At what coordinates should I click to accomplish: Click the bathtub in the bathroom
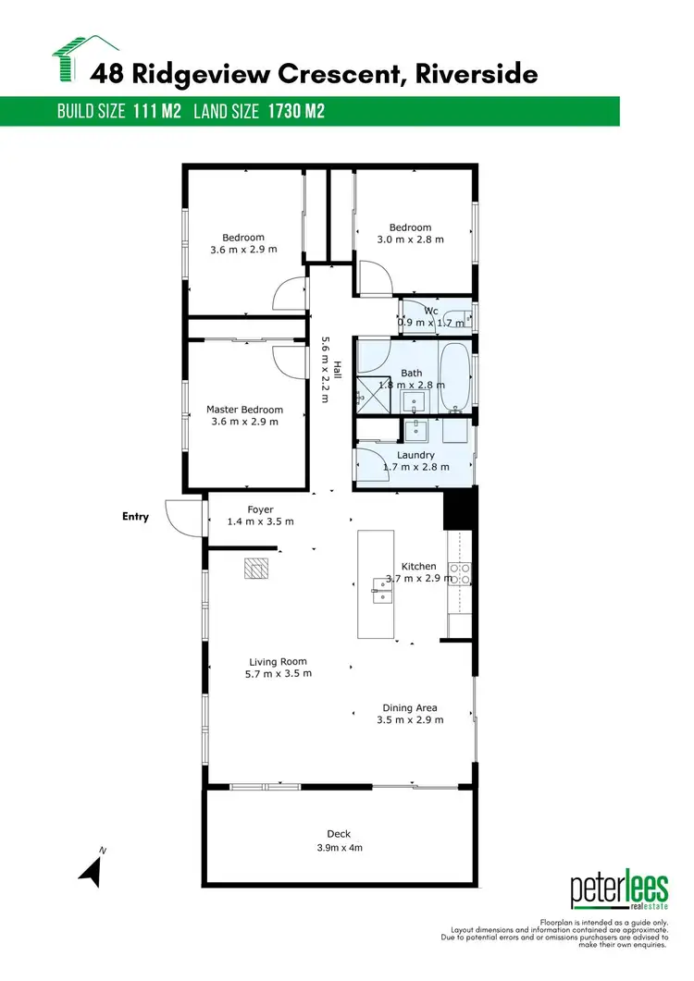tap(453, 377)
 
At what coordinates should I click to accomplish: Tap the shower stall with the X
tap(370, 392)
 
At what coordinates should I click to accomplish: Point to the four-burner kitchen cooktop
tap(460, 573)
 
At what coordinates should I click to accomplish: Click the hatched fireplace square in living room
tap(254, 568)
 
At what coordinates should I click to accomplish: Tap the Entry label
tap(135, 517)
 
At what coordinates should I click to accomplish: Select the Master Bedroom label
tap(244, 410)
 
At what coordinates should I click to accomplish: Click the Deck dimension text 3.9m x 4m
tap(338, 848)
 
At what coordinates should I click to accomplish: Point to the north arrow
tap(90, 869)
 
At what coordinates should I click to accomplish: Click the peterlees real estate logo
tap(619, 892)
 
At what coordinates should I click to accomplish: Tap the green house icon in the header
tap(85, 59)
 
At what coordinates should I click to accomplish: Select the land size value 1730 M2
tap(295, 112)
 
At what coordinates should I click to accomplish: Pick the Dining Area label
tap(410, 708)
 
